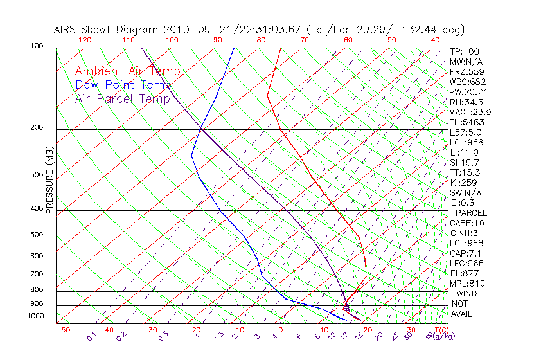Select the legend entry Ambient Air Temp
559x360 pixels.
point(127,71)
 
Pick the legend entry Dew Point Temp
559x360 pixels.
point(123,85)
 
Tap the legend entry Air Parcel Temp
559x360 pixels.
point(122,98)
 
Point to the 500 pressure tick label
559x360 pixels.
point(37,235)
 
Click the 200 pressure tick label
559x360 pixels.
point(37,128)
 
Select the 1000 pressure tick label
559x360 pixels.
point(35,316)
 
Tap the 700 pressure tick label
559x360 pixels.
point(37,274)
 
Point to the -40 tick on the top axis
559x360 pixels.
point(432,40)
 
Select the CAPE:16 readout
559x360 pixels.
point(466,223)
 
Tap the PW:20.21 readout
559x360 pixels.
point(468,92)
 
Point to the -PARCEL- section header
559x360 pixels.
point(471,213)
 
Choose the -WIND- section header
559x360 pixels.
point(467,293)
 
